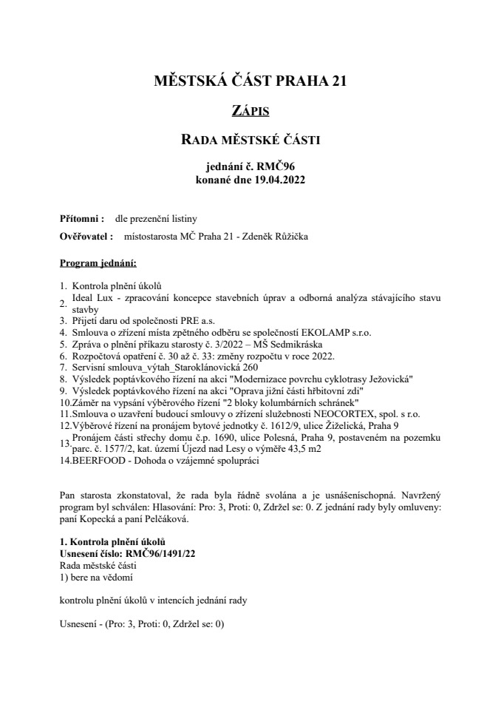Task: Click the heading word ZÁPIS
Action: coord(250,112)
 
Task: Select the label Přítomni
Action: coord(81,219)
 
